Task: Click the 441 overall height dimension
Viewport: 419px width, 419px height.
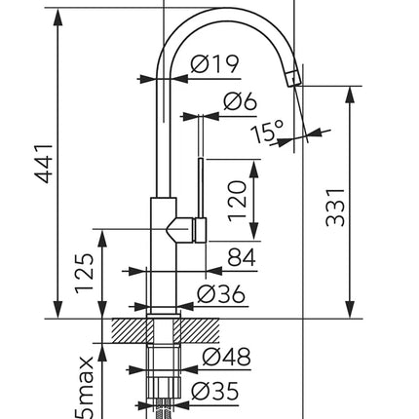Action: click(44, 164)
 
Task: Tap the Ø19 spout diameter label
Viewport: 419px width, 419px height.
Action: click(214, 63)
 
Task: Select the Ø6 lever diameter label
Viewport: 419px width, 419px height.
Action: click(240, 101)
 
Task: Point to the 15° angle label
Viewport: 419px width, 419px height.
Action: click(267, 132)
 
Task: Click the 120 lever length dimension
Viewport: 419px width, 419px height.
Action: click(237, 201)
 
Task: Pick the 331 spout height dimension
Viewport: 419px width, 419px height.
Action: click(335, 207)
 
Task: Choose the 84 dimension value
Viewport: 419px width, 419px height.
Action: click(242, 257)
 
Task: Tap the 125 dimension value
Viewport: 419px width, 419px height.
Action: click(84, 273)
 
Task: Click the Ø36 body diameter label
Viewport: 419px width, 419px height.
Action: click(221, 294)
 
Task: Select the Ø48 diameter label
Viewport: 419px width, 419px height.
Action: click(226, 357)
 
